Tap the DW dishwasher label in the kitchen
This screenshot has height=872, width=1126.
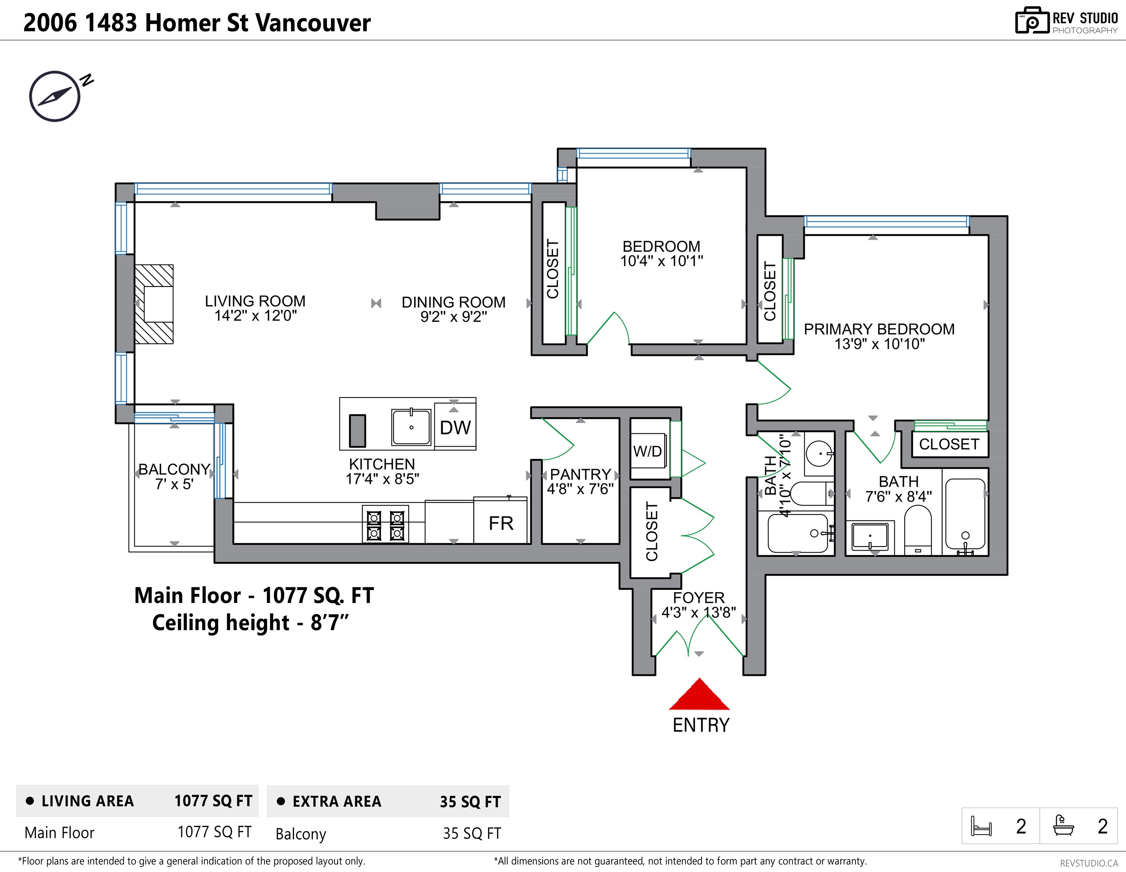(455, 428)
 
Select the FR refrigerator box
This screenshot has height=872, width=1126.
(501, 520)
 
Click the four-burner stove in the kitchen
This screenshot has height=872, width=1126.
(386, 525)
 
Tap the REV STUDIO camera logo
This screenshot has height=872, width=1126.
(1032, 21)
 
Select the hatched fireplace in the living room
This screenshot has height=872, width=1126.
(154, 304)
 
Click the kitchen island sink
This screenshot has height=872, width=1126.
(411, 427)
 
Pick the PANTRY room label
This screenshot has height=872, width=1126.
(580, 474)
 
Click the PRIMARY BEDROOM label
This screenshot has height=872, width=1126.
(879, 329)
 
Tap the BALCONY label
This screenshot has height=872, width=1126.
(174, 469)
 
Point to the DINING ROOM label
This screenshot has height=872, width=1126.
(454, 302)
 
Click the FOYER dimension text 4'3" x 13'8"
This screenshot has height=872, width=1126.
(698, 613)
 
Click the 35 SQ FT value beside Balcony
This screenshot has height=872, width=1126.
(472, 833)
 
